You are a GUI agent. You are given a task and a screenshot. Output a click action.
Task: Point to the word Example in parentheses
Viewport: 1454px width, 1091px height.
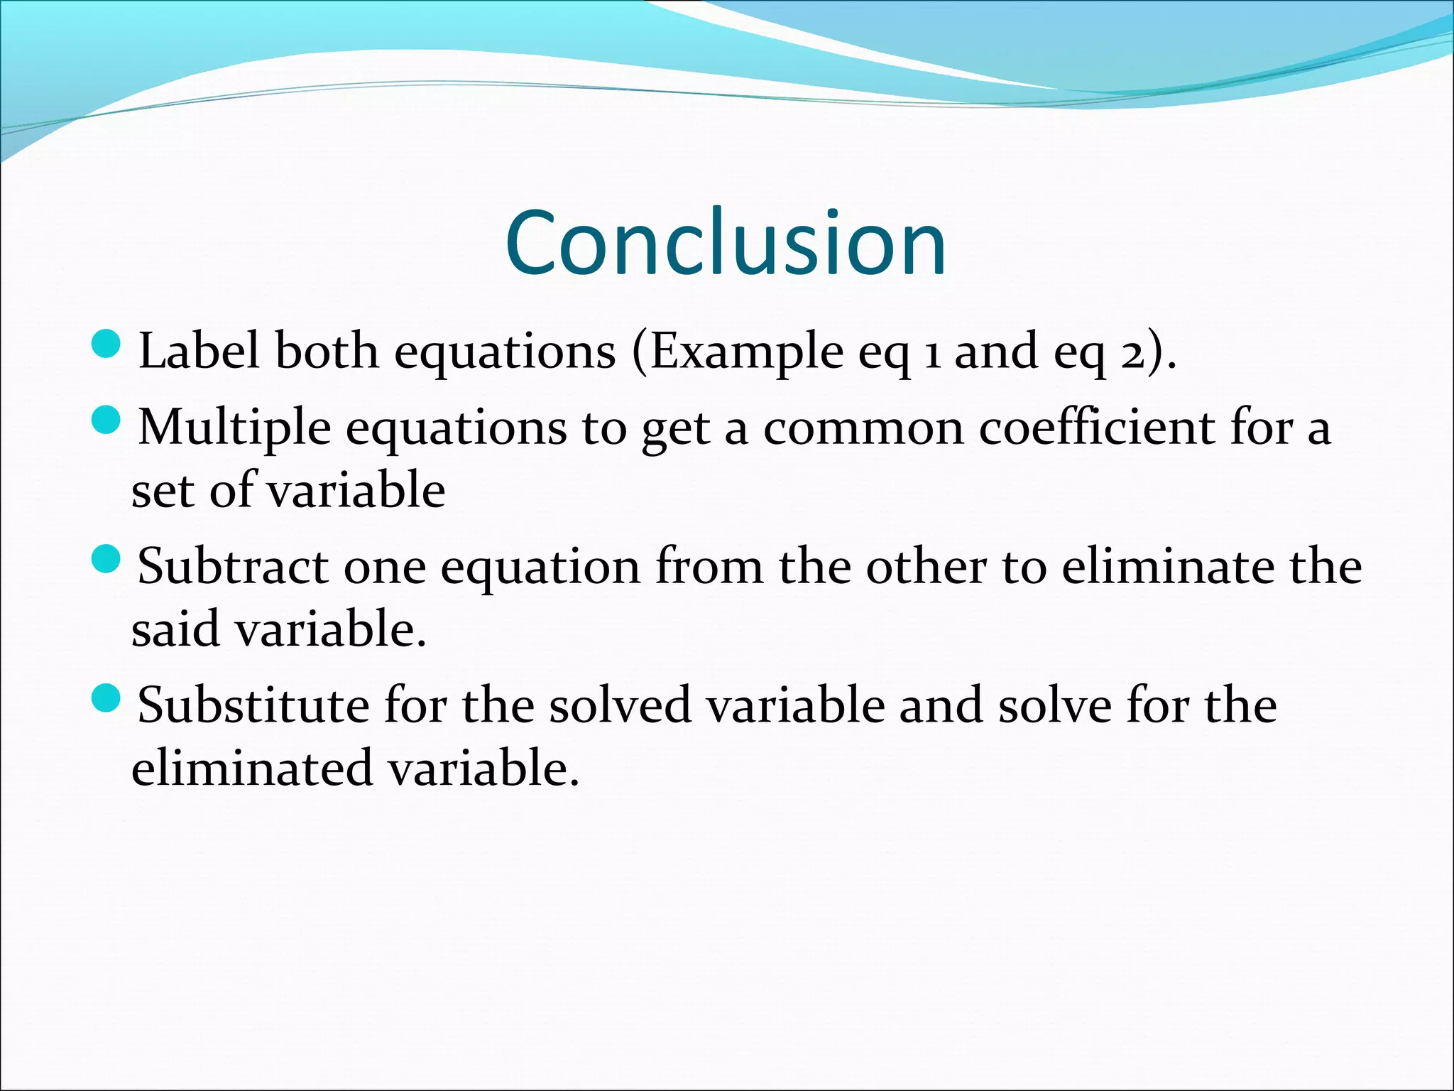pyautogui.click(x=746, y=352)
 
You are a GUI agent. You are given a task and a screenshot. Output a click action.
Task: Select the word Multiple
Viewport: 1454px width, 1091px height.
pyautogui.click(x=234, y=429)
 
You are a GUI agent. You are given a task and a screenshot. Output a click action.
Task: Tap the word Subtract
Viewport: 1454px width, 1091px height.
pyautogui.click(x=233, y=567)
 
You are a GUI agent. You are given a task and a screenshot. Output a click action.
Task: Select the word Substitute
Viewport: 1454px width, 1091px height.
pyautogui.click(x=253, y=706)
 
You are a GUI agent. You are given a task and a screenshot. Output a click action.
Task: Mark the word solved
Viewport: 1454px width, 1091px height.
pyautogui.click(x=620, y=706)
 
